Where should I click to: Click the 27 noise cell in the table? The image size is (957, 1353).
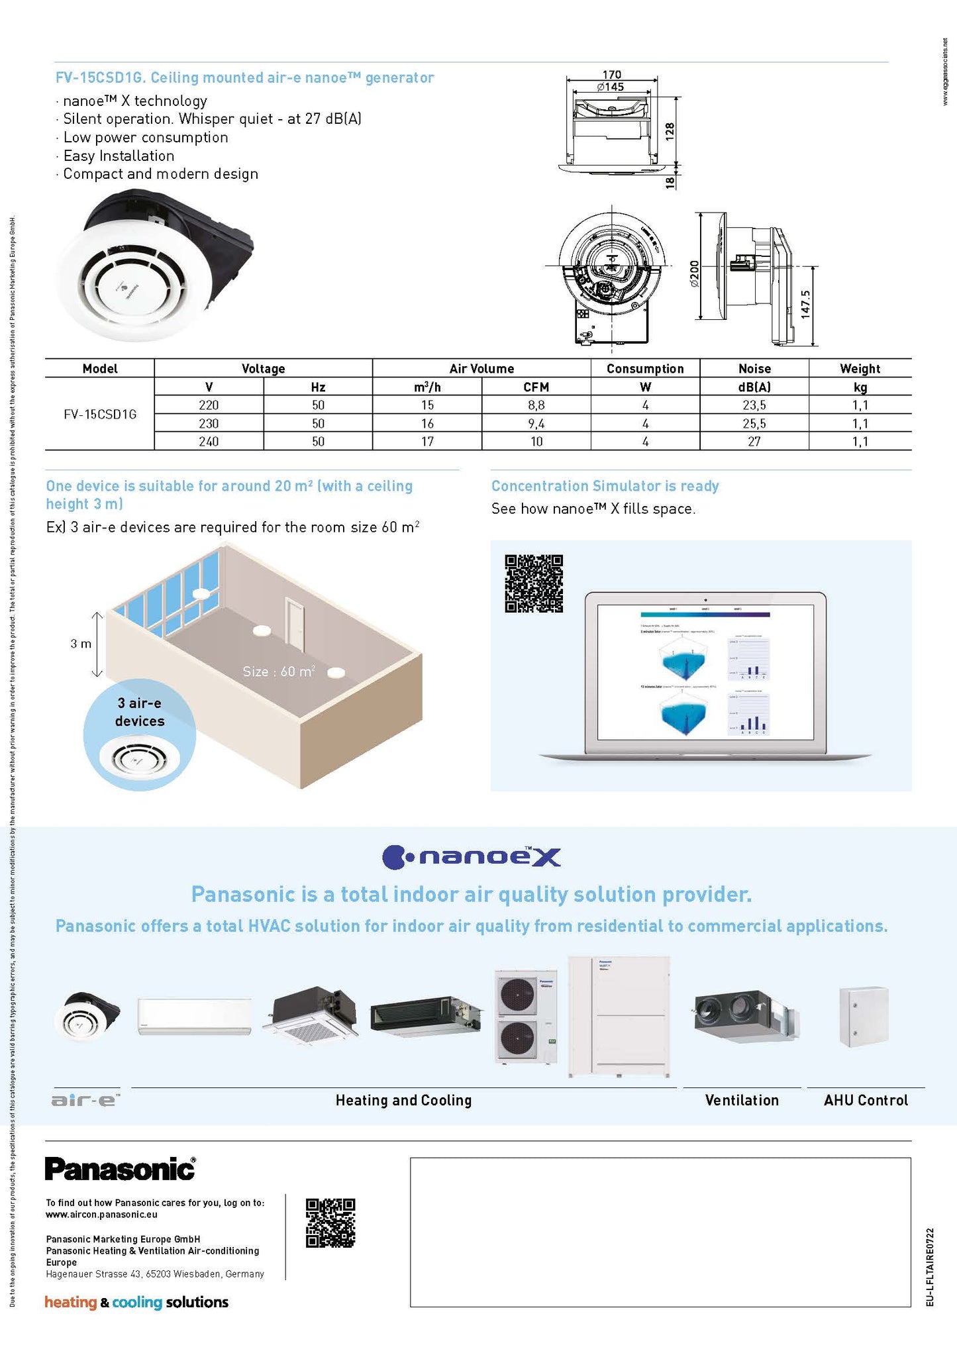(754, 442)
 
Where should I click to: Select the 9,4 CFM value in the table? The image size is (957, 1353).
(536, 424)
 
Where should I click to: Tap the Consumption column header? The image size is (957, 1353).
(644, 369)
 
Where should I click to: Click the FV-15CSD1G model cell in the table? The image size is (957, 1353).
(100, 415)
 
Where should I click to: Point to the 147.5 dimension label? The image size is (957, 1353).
(805, 305)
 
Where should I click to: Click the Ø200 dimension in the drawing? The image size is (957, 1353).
(694, 274)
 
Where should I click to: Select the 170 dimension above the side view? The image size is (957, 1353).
(611, 75)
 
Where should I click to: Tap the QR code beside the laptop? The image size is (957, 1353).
(534, 583)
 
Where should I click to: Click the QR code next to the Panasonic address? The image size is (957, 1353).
(330, 1223)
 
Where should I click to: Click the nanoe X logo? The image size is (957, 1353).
(472, 857)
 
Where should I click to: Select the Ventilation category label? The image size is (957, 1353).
(742, 1101)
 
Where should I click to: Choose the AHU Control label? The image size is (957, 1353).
(866, 1101)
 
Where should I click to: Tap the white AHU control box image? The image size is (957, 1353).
(864, 1017)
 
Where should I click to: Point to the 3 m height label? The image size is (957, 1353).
(81, 644)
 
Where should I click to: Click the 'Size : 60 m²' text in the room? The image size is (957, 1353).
(278, 672)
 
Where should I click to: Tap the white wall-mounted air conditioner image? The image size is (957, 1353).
(194, 1016)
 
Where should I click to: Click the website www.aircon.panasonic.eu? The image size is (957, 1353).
(101, 1215)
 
